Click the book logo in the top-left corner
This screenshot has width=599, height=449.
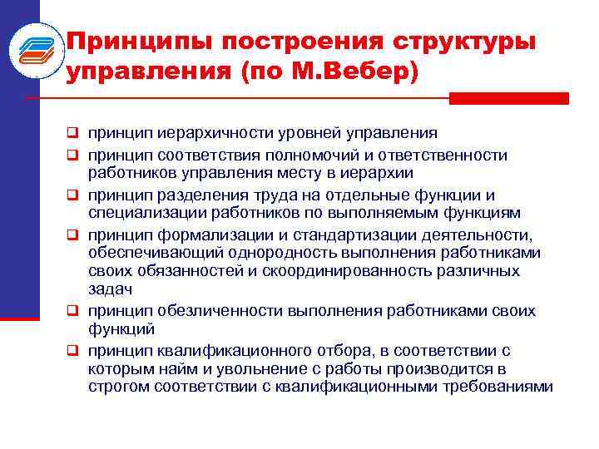coord(36,53)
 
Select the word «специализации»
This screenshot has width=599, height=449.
coord(141,215)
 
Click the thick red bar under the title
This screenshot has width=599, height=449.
coord(508,98)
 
